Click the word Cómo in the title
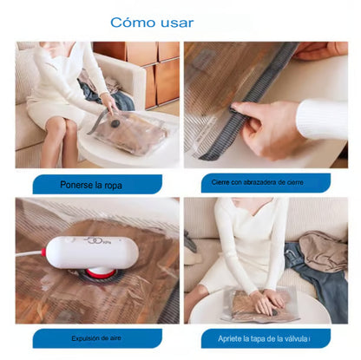(133, 23)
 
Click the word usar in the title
(177, 23)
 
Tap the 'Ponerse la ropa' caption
(91, 185)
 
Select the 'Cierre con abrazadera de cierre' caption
(258, 182)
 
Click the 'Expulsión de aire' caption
(96, 338)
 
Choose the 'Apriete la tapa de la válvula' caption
(264, 338)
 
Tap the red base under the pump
(101, 272)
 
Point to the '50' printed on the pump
(94, 240)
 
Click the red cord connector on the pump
(43, 252)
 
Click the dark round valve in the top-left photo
(115, 123)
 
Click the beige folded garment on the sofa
(323, 251)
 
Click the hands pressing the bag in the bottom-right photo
(266, 302)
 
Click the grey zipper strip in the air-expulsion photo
(171, 304)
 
